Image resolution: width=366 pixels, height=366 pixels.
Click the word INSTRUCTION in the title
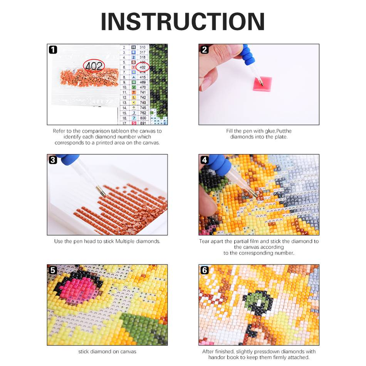click(183, 22)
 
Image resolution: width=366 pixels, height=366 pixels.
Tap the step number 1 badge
click(53, 49)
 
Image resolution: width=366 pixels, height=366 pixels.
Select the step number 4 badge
click(205, 160)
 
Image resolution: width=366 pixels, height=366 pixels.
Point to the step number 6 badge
click(205, 270)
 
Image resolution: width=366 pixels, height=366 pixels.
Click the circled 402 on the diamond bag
click(94, 65)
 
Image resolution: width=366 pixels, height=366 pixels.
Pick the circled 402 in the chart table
click(142, 67)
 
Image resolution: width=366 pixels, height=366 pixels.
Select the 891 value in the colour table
click(142, 123)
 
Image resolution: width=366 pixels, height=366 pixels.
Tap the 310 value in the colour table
click(142, 47)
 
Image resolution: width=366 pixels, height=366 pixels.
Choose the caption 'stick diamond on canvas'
click(107, 351)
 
